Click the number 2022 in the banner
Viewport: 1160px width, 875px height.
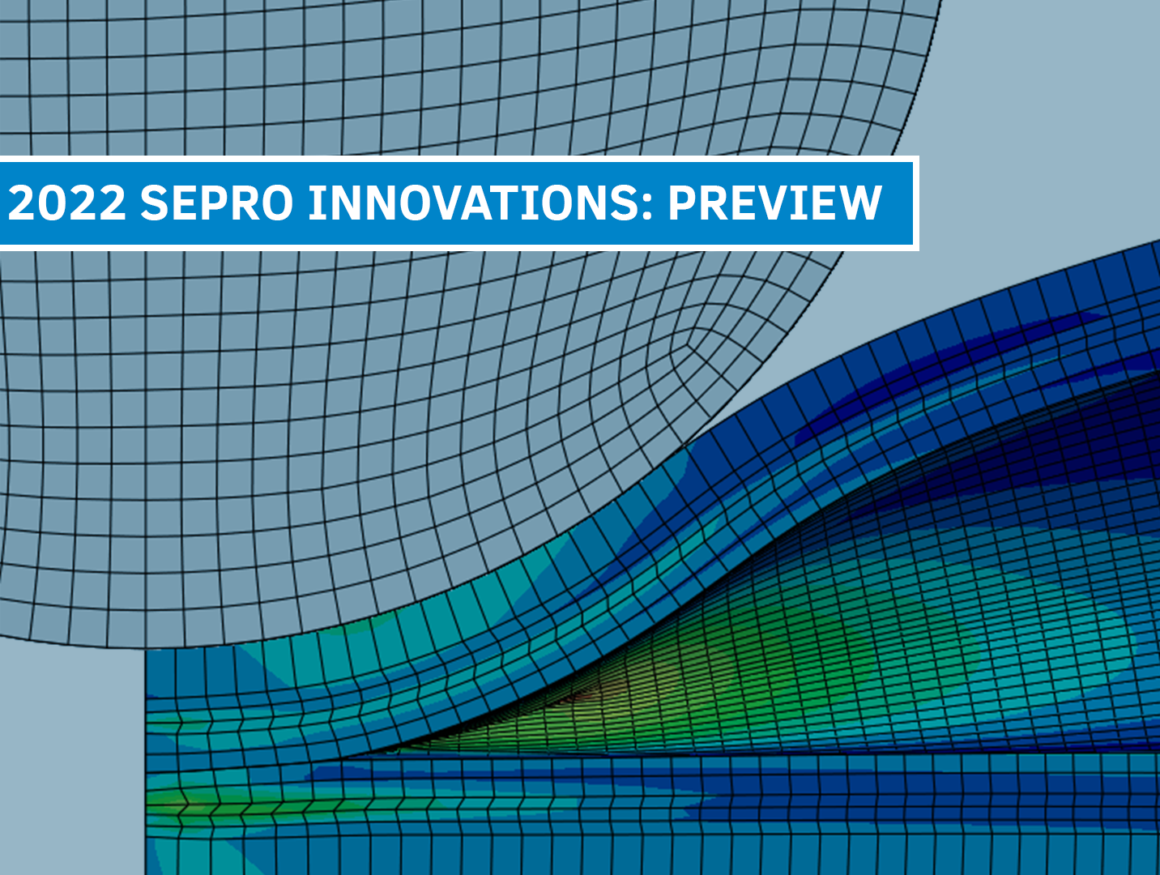67,203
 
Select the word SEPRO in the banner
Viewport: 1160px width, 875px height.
216,203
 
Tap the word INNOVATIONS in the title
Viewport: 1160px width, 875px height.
474,203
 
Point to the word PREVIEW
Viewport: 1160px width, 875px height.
774,203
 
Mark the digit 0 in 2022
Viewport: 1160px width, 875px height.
53,203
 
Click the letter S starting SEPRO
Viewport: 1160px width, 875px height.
154,203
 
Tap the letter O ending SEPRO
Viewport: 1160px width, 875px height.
276,203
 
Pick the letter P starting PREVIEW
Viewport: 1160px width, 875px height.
682,203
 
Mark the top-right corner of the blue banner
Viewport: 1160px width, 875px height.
913,162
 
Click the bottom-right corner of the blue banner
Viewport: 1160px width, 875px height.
913,244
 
